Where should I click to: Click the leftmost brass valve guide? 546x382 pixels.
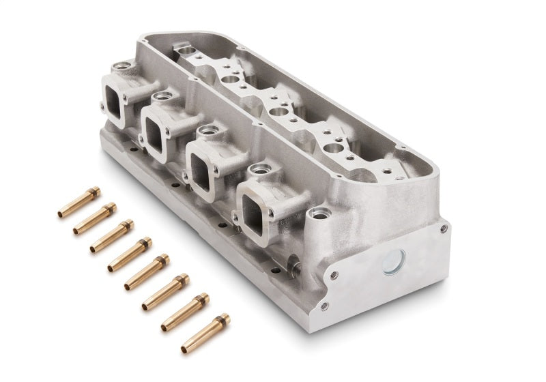(78, 203)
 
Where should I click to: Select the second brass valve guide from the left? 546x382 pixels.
(95, 218)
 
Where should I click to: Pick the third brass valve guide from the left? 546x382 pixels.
(112, 235)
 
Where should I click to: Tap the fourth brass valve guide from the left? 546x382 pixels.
(130, 252)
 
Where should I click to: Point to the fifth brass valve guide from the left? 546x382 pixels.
(147, 270)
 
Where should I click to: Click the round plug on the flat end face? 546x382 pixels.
(394, 263)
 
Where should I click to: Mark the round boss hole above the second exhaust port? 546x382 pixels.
(162, 97)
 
